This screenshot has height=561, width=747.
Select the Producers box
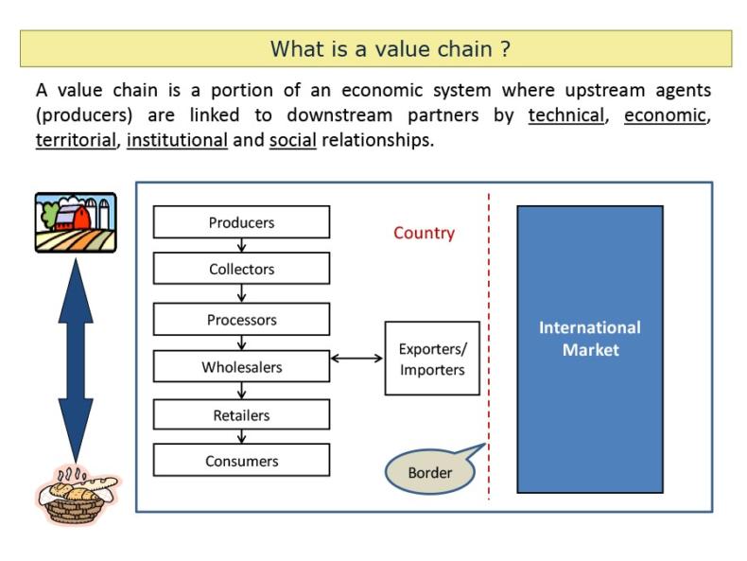click(x=241, y=222)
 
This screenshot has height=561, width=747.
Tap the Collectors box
click(x=241, y=269)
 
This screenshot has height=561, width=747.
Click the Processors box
click(x=241, y=320)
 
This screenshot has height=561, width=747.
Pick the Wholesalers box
click(x=241, y=367)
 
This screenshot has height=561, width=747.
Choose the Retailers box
click(x=241, y=414)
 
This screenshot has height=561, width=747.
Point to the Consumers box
click(x=241, y=461)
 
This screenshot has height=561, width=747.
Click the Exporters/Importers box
click(x=432, y=359)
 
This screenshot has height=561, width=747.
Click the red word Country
click(x=424, y=233)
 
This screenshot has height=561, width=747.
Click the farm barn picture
click(x=76, y=222)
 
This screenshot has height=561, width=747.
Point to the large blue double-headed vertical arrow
click(x=76, y=360)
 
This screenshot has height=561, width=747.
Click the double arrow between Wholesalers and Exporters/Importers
click(x=356, y=359)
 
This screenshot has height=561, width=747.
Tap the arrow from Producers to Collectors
click(x=242, y=245)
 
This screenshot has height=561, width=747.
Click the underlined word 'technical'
click(x=565, y=115)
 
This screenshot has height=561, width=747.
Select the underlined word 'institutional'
click(x=177, y=140)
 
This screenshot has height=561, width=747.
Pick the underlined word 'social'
click(x=292, y=140)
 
